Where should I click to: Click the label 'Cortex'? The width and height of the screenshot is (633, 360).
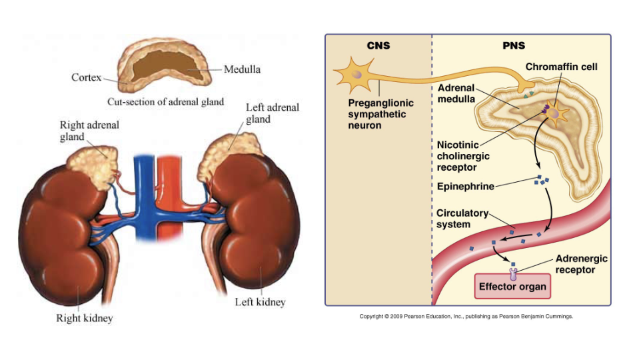[x=86, y=77]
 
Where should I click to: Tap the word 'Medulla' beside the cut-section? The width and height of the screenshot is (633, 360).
[x=242, y=69]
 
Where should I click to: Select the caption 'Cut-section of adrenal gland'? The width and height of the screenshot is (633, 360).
[x=165, y=102]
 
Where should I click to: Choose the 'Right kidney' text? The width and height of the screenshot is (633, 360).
[x=84, y=318]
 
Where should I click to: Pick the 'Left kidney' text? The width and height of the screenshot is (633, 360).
[x=260, y=302]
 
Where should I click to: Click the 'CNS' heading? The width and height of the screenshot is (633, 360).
[x=378, y=46]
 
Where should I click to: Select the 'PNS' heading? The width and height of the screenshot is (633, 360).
[x=513, y=46]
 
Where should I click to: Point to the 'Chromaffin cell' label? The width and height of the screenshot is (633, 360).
[x=561, y=67]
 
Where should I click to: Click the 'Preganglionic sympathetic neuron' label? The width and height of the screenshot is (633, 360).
[x=380, y=114]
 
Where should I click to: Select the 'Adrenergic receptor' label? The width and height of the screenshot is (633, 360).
[x=581, y=264]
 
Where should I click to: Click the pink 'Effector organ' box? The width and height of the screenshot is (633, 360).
[x=513, y=287]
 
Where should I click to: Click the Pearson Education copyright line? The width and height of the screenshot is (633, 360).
[x=466, y=317]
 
